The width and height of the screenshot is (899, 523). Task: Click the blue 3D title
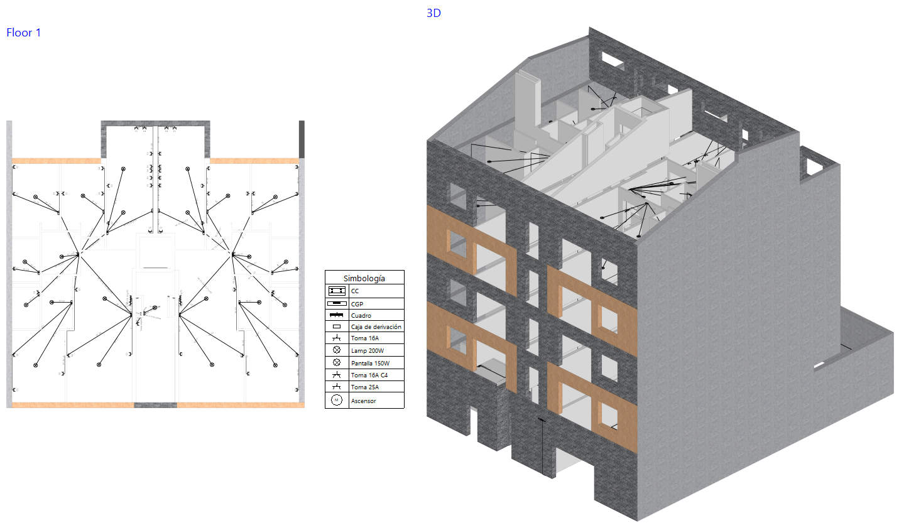coord(433,13)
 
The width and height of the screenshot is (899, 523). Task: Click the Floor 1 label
coord(24,33)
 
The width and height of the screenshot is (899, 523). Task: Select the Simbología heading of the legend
coord(364,278)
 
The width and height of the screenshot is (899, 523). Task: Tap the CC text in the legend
coord(355,291)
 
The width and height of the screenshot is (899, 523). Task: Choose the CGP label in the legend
coord(357,303)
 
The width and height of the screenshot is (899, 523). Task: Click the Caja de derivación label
coord(376,327)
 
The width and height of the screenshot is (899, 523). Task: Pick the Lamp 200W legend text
coord(367,351)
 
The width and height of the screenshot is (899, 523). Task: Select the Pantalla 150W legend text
coord(370,364)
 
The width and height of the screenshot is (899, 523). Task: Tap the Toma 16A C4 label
coord(369,375)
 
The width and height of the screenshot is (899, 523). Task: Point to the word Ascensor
coord(363,401)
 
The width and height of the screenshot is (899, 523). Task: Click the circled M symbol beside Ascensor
coord(337,400)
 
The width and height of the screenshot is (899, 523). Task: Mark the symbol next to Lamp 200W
coord(337,350)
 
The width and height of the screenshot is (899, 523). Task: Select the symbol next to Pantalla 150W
coord(337,363)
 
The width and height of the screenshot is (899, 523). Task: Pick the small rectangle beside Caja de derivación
coord(337,326)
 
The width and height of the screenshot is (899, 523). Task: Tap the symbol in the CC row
coord(337,291)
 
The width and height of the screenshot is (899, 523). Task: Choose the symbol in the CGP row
coord(337,303)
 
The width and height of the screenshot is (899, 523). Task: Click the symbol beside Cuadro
coord(337,315)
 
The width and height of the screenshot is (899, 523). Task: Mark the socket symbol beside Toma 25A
coord(337,386)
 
